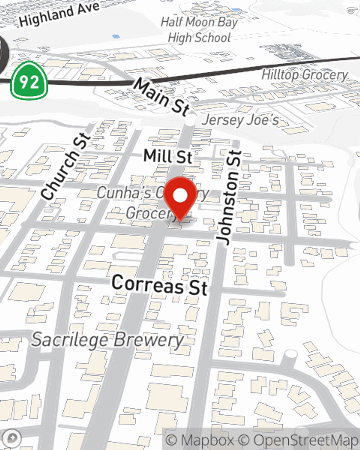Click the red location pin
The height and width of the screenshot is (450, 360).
pyautogui.click(x=180, y=198)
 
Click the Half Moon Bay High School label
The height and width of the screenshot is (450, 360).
pyautogui.click(x=199, y=30)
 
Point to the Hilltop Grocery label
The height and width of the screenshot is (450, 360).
pyautogui.click(x=305, y=75)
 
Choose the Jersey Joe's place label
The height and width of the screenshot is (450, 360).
pyautogui.click(x=240, y=120)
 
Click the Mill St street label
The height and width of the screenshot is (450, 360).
pyautogui.click(x=168, y=156)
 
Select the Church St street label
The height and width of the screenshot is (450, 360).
pyautogui.click(x=65, y=166)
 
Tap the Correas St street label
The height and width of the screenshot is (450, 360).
pyautogui.click(x=160, y=284)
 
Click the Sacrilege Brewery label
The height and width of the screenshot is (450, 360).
pyautogui.click(x=107, y=340)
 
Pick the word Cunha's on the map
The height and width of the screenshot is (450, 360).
pyautogui.click(x=124, y=193)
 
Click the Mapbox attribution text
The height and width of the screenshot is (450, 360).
pyautogui.click(x=200, y=440)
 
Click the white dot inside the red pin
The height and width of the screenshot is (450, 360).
pyautogui.click(x=180, y=196)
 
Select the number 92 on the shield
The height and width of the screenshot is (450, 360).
pyautogui.click(x=29, y=82)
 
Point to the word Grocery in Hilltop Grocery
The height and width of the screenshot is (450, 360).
pyautogui.click(x=325, y=75)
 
